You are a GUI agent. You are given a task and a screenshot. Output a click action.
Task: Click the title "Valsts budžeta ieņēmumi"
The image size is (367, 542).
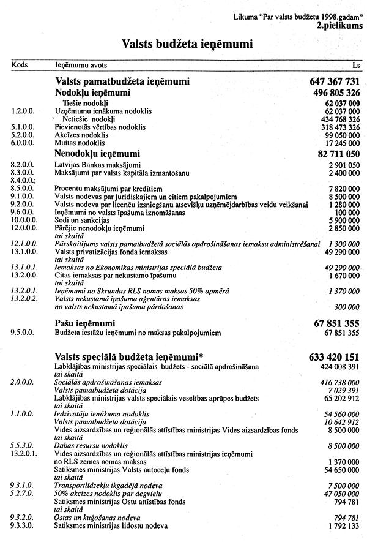188,43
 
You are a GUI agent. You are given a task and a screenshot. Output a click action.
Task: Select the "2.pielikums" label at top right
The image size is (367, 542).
339,26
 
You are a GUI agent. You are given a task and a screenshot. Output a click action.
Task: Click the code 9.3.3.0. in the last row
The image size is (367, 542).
23,525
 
